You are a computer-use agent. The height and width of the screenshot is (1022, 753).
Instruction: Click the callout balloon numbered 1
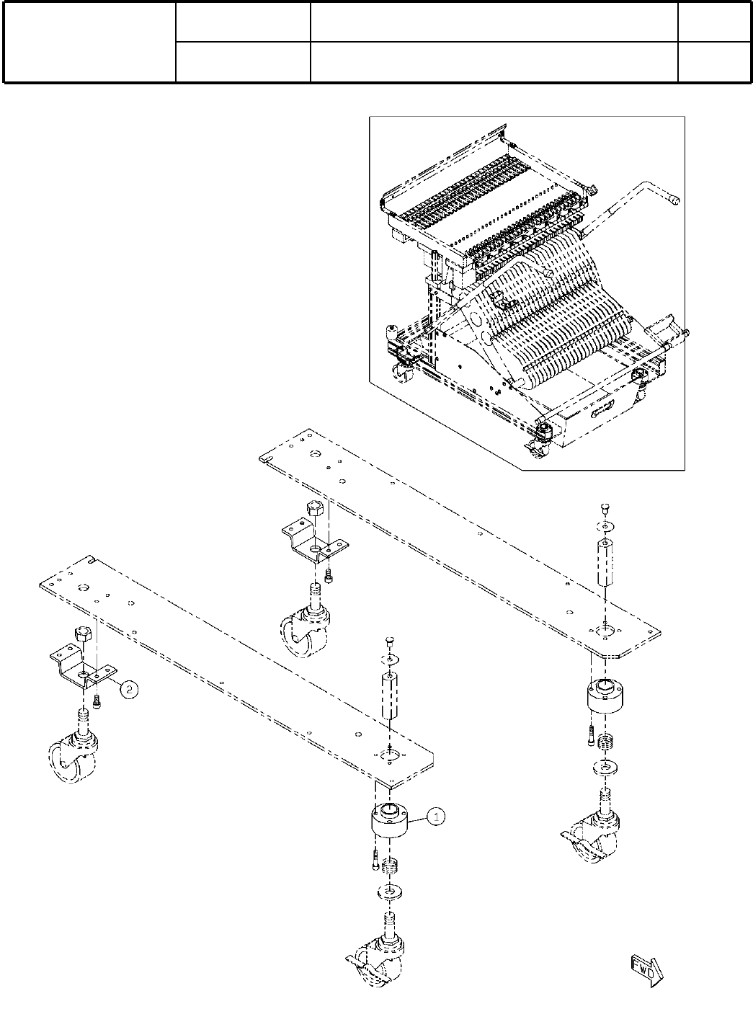[x=436, y=817]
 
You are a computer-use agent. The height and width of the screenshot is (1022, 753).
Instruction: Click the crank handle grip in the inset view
[x=672, y=196]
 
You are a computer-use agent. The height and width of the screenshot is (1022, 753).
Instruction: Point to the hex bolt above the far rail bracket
[x=313, y=510]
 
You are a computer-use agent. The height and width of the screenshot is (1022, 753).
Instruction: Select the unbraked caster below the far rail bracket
[x=306, y=626]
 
